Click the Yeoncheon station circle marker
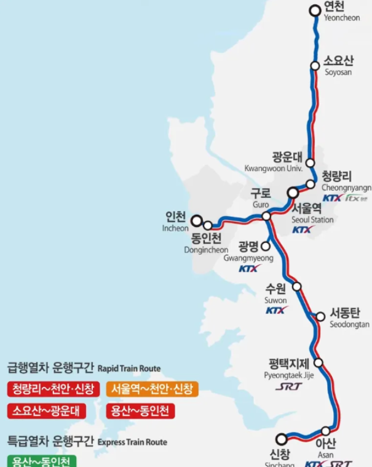315,10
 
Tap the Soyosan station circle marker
315,65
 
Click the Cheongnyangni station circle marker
311,184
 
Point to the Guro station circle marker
266,216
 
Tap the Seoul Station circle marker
293,193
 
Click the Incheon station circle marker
197,220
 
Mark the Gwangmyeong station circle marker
266,246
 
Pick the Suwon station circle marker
297,286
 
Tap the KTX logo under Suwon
276,311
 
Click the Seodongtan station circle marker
320,316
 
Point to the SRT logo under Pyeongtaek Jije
288,387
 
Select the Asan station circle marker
326,431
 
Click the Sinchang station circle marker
282,439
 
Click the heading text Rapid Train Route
129,369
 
